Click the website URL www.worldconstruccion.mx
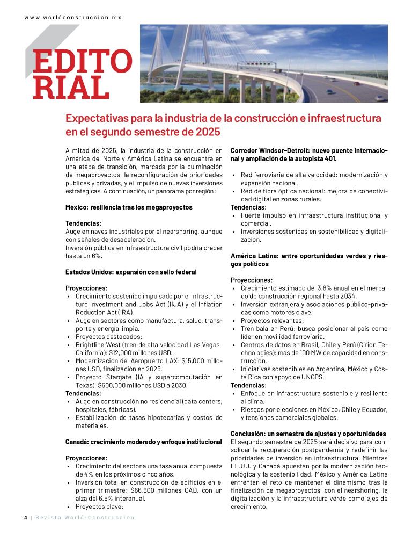(x=73, y=17)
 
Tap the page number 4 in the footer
(x=25, y=517)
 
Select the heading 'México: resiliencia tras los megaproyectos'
(x=129, y=207)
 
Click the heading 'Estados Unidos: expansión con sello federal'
(x=131, y=272)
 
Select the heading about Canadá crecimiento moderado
(x=143, y=442)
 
